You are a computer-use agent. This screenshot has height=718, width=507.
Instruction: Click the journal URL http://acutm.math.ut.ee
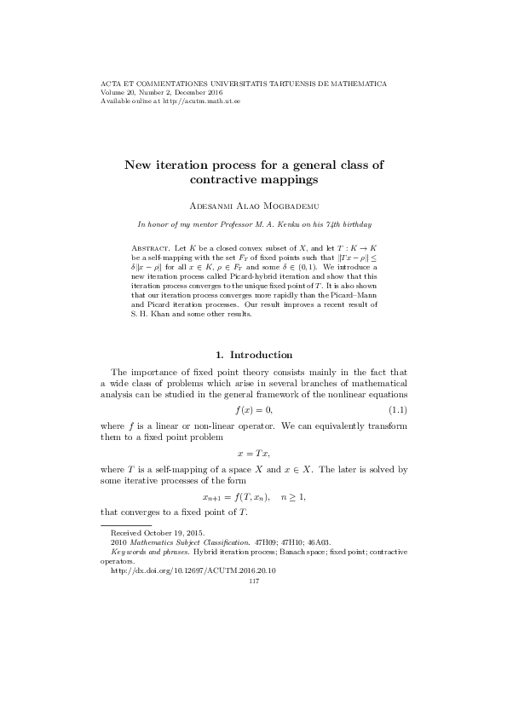[x=181, y=101]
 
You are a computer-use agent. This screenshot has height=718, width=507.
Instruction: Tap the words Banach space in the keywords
[x=285, y=552]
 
